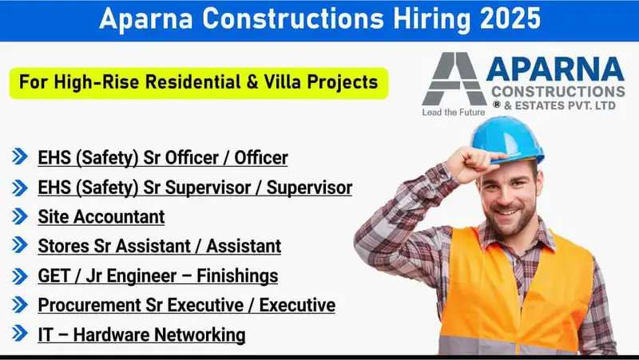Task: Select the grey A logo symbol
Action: pos(453,81)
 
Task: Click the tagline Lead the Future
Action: pos(453,113)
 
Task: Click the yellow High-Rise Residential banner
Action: pos(198,83)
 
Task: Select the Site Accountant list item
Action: pos(101,216)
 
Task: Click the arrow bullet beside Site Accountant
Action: pos(20,216)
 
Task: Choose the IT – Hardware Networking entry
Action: pos(141,335)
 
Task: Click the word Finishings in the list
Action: pos(236,276)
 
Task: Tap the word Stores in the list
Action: pos(60,246)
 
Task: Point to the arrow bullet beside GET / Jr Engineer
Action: pos(20,276)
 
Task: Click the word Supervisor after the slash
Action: pos(309,188)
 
